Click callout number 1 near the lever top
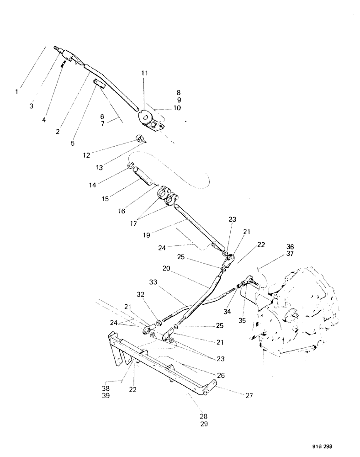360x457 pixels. (16, 92)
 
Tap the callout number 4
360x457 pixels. (44, 120)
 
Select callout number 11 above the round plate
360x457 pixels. (144, 73)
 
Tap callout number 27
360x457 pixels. (249, 395)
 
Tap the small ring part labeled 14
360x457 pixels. (130, 165)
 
